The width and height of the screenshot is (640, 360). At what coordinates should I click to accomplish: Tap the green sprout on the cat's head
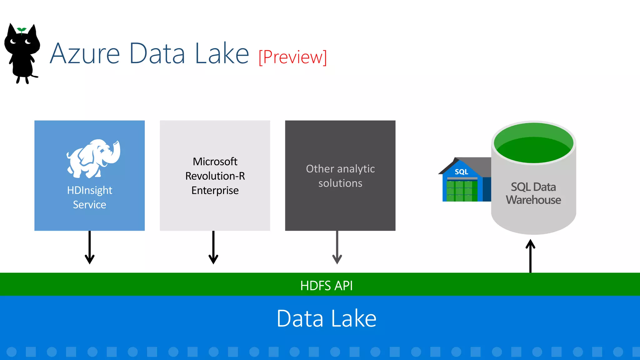(x=21, y=30)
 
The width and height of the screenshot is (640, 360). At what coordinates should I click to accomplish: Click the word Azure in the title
(x=85, y=54)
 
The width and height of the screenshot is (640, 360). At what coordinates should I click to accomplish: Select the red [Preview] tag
(x=293, y=57)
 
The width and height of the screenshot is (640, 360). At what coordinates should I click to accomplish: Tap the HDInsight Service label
(x=90, y=197)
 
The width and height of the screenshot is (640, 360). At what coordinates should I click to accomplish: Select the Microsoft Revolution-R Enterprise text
(x=215, y=176)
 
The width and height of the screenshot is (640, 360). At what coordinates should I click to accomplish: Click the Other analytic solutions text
(x=340, y=176)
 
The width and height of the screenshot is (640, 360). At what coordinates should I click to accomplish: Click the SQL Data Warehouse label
(x=533, y=193)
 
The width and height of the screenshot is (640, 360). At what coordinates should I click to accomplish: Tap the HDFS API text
(x=326, y=286)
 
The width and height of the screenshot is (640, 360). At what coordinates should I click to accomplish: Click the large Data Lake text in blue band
(x=326, y=318)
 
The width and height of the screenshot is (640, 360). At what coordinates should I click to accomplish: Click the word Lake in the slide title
(x=222, y=54)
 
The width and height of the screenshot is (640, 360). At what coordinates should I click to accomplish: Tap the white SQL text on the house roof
(x=461, y=172)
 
